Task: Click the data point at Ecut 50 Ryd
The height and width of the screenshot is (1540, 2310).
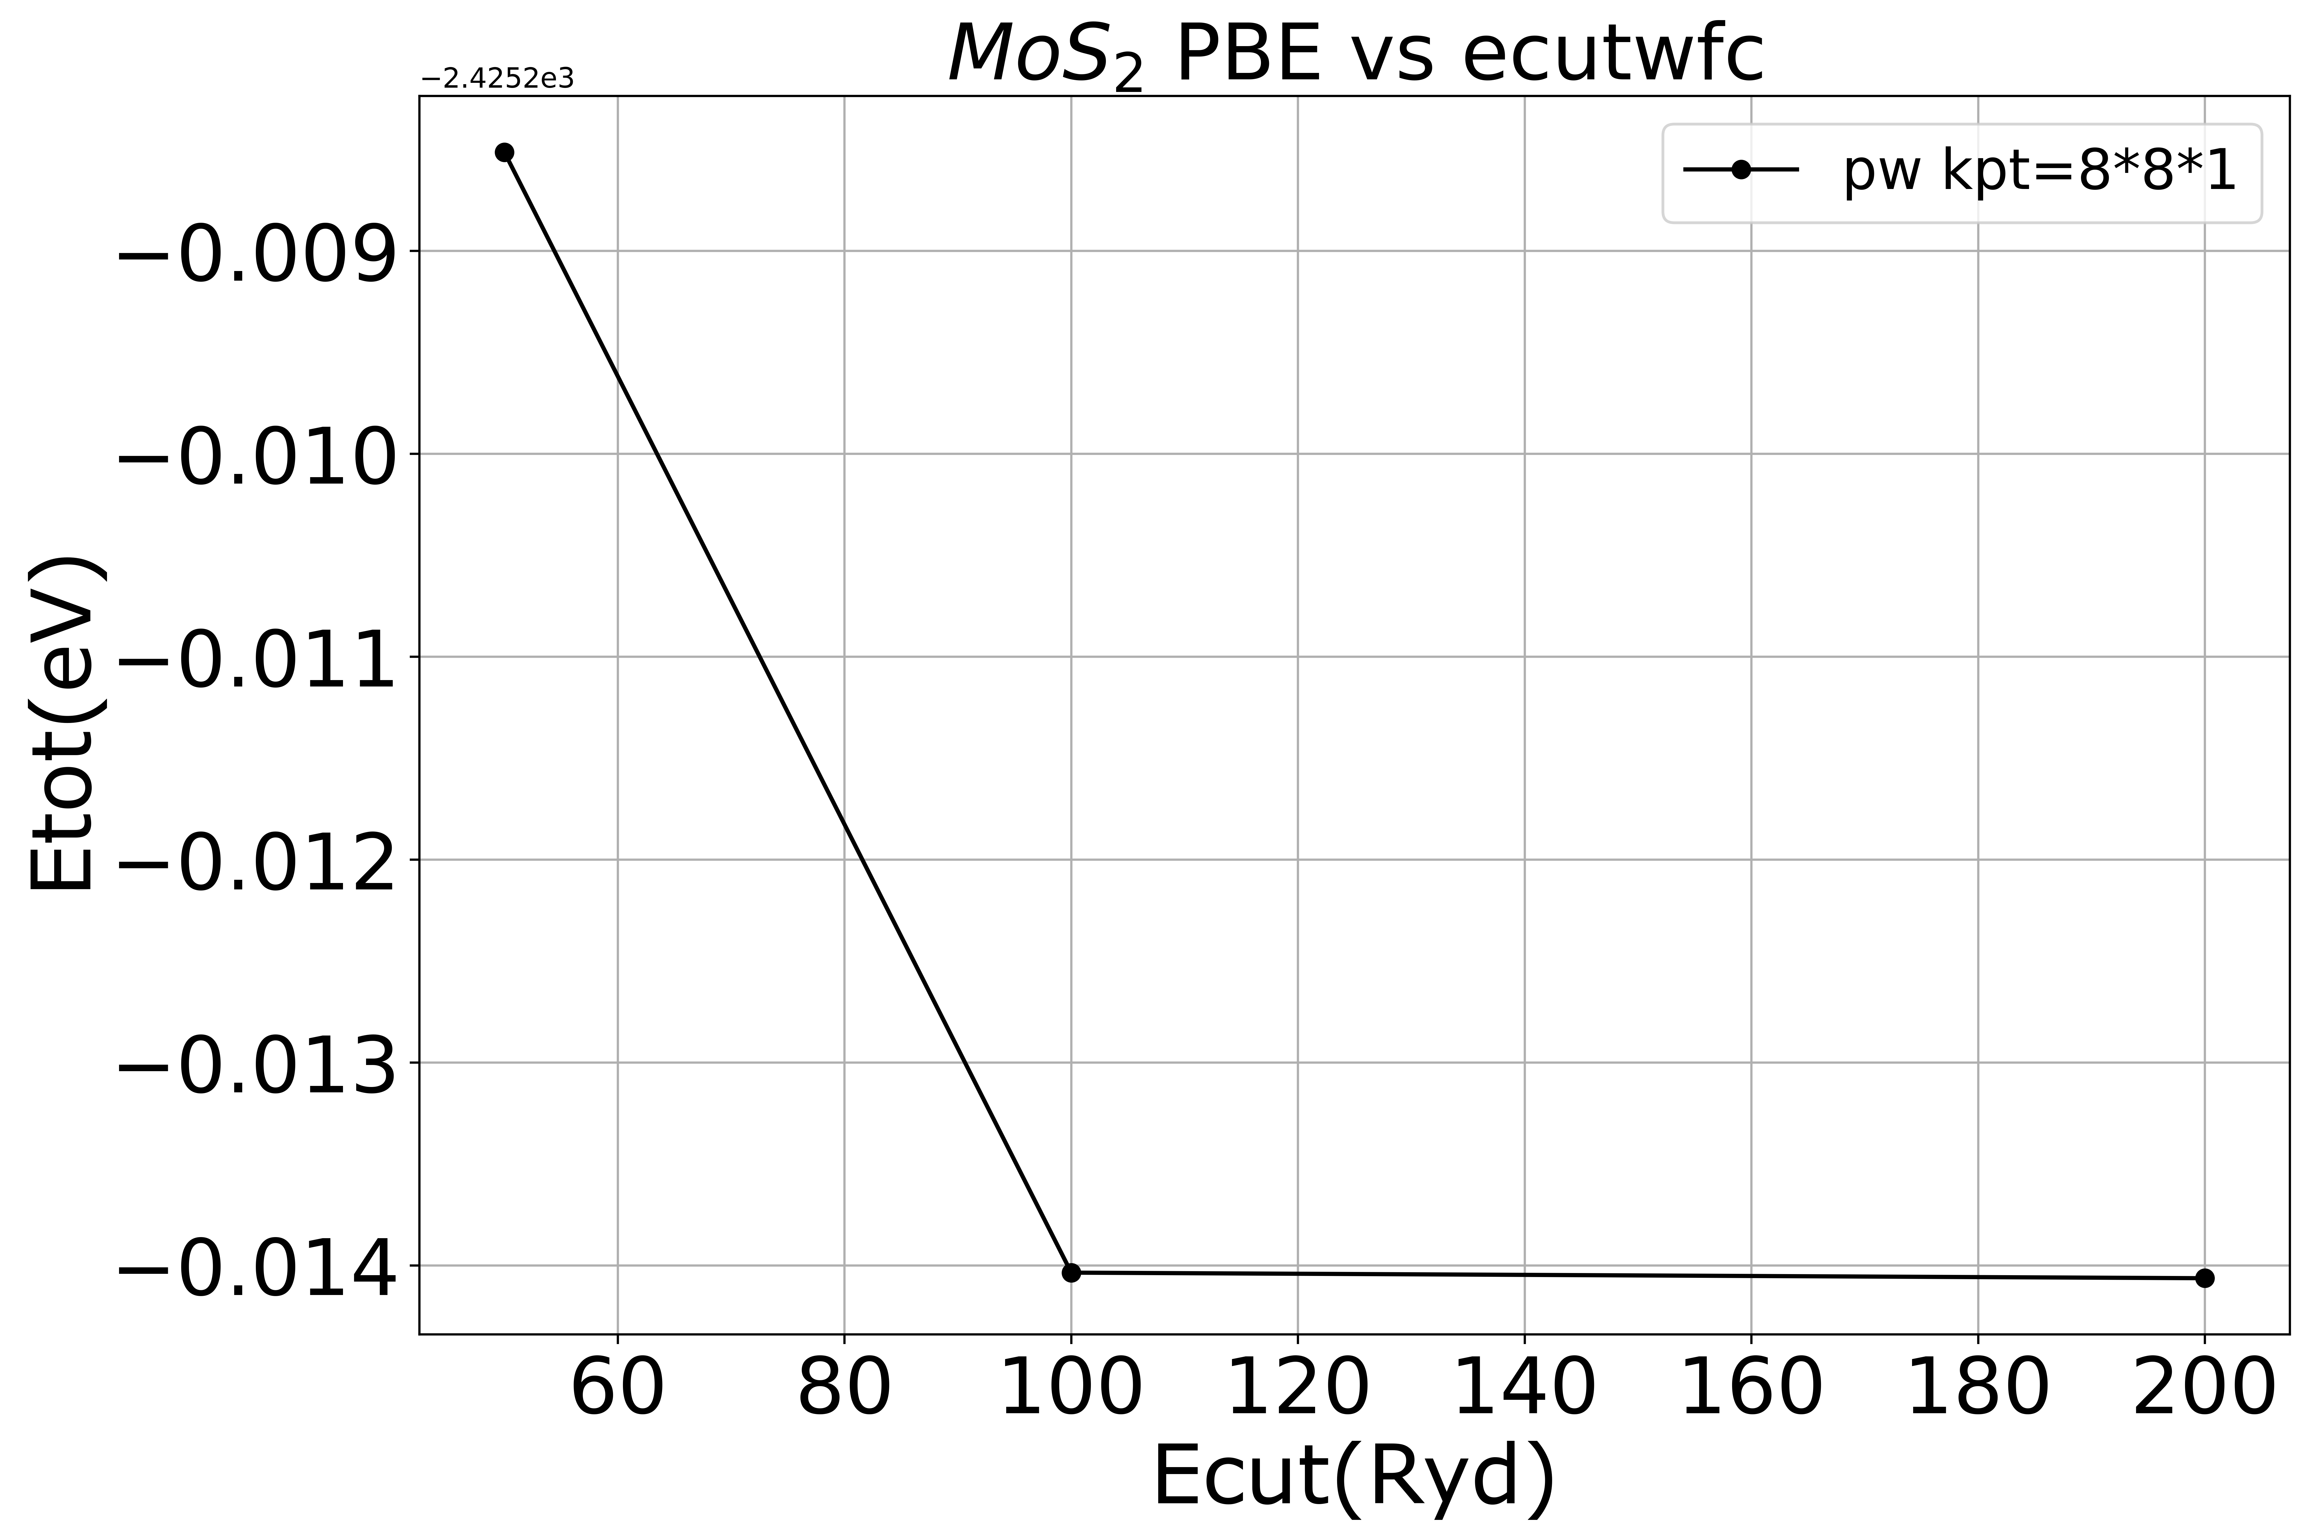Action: pyautogui.click(x=504, y=152)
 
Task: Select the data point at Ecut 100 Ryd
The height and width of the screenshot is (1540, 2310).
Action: pyautogui.click(x=1071, y=1273)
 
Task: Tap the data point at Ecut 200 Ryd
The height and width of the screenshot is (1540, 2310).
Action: pyautogui.click(x=2205, y=1278)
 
